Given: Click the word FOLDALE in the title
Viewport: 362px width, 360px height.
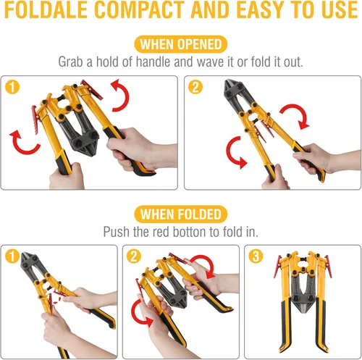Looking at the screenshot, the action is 46,9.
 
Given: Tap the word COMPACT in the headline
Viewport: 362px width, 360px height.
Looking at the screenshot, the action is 139,9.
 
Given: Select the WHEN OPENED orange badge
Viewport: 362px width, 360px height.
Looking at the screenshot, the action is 181,44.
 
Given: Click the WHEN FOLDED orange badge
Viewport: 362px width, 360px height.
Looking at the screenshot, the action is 181,214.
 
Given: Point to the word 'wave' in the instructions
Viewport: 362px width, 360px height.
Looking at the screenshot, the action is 211,62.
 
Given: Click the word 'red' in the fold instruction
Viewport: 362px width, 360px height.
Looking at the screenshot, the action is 161,232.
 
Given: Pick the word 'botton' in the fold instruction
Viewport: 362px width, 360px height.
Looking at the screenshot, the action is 190,232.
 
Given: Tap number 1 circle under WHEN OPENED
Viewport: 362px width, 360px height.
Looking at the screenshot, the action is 12,87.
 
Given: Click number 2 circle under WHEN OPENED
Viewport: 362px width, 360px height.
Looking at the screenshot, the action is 195,87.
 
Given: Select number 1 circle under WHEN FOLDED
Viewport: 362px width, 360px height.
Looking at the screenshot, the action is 12,256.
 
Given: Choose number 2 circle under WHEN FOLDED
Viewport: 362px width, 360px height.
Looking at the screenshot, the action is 134,256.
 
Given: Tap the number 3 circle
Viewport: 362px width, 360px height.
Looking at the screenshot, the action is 256,256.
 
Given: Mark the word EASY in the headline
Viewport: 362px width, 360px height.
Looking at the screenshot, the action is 259,9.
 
